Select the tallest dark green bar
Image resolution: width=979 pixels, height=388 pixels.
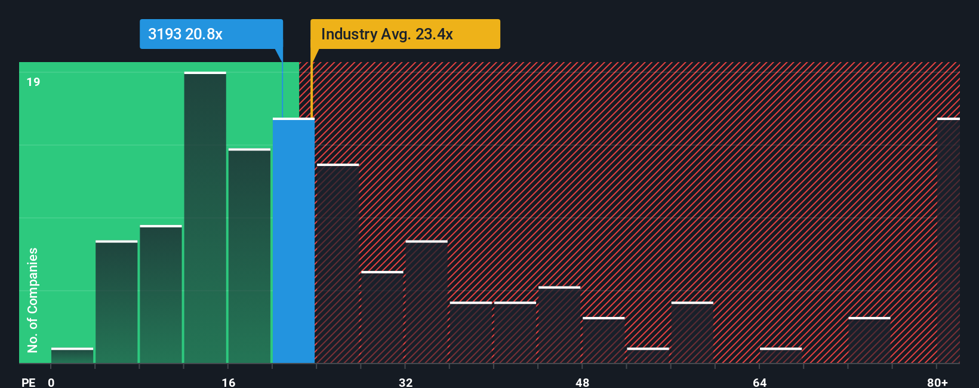point(205,218)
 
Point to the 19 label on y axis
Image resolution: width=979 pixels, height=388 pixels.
point(33,82)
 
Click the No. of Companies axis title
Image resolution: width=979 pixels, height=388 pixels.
point(33,300)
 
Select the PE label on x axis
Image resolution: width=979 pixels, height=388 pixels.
point(28,382)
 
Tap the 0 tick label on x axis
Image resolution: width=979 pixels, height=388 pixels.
point(51,382)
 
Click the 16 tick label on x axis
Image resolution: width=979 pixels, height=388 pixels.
point(228,382)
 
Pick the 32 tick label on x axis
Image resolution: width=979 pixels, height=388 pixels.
point(405,382)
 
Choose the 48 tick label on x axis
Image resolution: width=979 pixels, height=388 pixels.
point(582,382)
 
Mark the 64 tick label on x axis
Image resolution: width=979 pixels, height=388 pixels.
point(759,382)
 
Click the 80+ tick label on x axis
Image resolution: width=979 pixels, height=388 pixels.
point(937,382)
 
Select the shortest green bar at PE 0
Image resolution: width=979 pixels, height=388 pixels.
point(72,355)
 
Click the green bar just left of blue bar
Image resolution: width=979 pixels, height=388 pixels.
point(249,256)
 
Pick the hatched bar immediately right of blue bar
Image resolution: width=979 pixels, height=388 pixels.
point(338,263)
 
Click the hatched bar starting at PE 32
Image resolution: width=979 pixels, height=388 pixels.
point(426,302)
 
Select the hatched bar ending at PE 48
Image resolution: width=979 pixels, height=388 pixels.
point(559,325)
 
